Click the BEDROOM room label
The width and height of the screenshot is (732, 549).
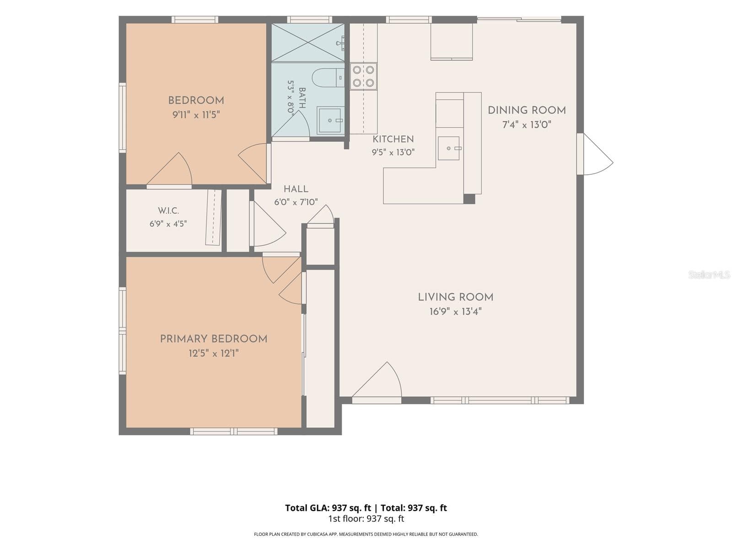pos(196,100)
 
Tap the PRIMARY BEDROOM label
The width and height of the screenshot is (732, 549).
pos(214,339)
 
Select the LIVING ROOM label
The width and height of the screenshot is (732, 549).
pos(456,297)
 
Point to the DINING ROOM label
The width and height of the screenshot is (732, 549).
pos(527,110)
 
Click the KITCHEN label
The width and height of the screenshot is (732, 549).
pos(393,139)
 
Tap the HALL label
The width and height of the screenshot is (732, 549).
pos(296,189)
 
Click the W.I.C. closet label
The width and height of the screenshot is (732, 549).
pos(168,210)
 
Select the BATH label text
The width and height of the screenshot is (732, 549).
pos(302,98)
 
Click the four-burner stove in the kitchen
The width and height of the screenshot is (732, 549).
pos(363,76)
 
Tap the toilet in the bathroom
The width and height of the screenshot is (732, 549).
pos(328,78)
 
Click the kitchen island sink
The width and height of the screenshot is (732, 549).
pos(448,148)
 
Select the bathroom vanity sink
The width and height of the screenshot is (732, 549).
pos(330,120)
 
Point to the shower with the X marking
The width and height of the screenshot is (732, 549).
pos(307,43)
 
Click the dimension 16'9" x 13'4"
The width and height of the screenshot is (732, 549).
pos(456,312)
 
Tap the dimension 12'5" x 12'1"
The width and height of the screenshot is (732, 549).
pos(214,353)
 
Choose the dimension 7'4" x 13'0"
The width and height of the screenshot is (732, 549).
pos(527,125)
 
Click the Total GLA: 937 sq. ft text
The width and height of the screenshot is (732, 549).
pos(328,508)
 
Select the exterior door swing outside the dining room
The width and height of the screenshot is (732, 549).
pos(598,154)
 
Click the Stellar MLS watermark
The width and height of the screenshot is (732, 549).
pos(709,274)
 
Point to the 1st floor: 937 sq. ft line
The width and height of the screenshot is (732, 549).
pos(366,519)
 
